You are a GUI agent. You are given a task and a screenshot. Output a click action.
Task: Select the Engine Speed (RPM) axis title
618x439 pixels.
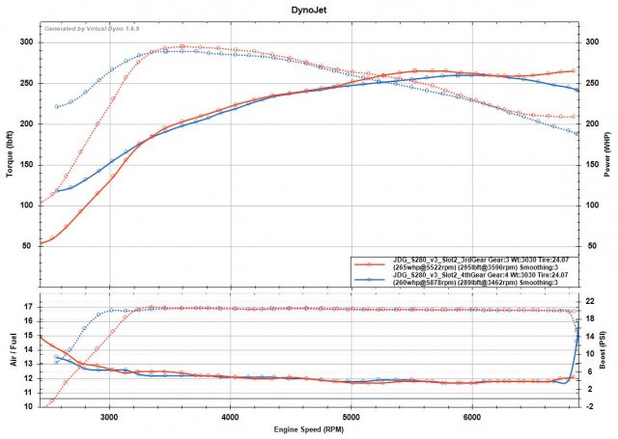pyautogui.click(x=308, y=428)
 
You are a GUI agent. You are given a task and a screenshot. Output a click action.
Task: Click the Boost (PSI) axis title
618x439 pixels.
pyautogui.click(x=608, y=353)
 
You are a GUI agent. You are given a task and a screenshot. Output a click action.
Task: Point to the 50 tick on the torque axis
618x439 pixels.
pyautogui.click(x=28, y=246)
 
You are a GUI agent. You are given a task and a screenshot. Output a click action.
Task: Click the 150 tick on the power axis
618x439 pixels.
pyautogui.click(x=592, y=165)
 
